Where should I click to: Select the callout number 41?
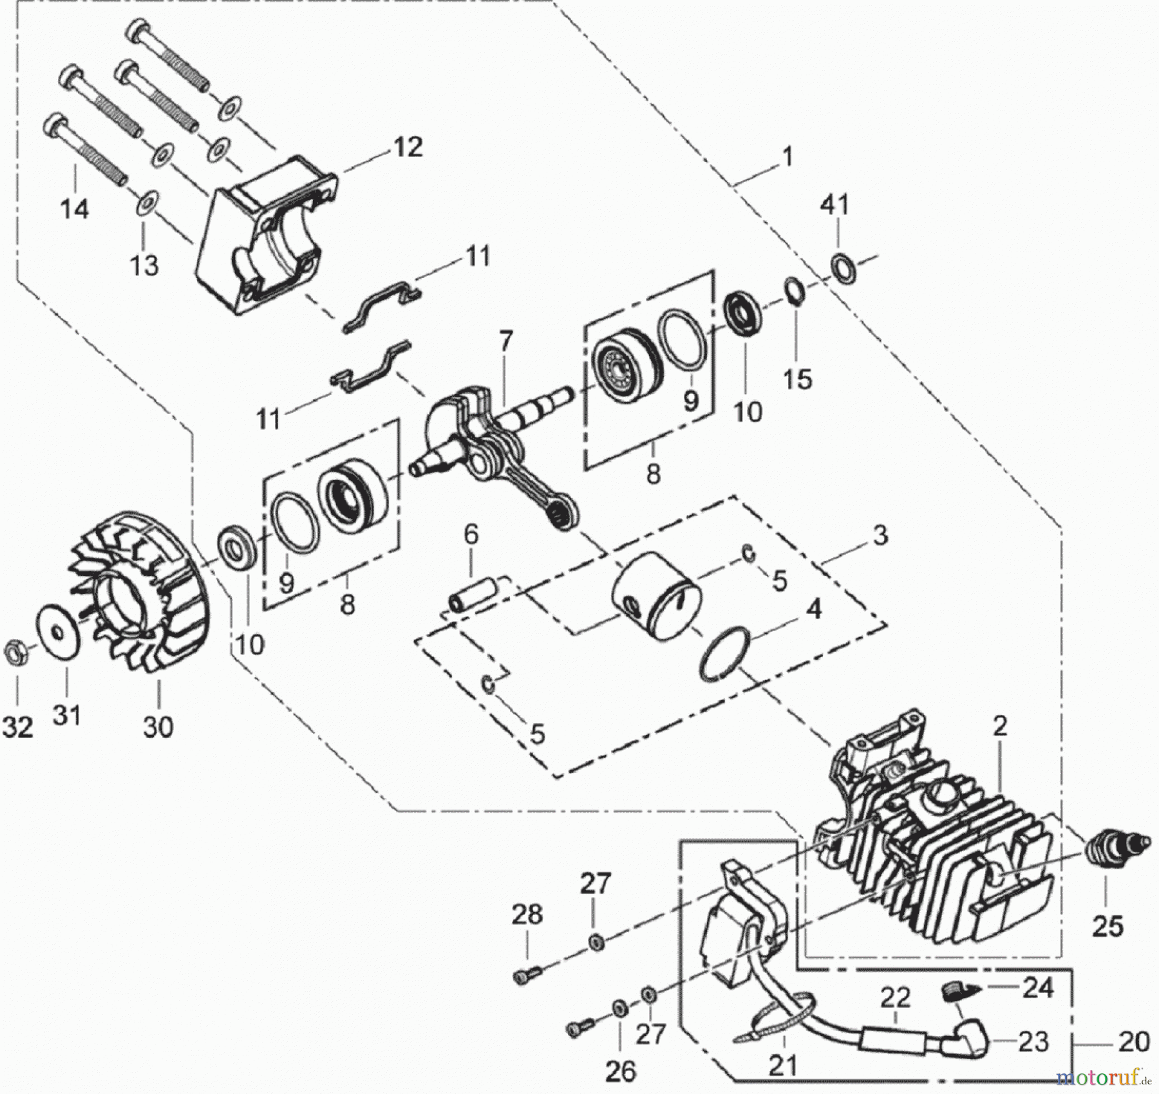coord(834,205)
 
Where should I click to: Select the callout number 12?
coord(408,147)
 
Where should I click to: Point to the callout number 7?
coord(505,342)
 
